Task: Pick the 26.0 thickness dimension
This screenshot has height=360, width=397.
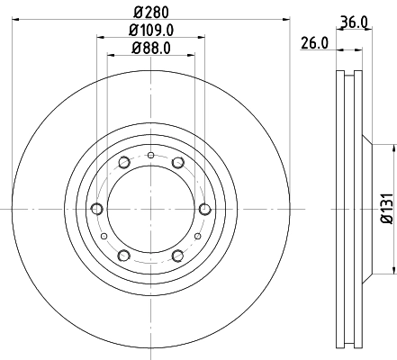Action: pyautogui.click(x=313, y=42)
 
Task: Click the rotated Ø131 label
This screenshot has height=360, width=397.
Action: pyautogui.click(x=385, y=208)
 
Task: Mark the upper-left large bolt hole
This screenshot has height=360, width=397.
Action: pyautogui.click(x=123, y=163)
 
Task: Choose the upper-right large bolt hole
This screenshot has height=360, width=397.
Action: pyautogui.click(x=178, y=163)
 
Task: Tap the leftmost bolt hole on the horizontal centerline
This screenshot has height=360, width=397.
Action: pyautogui.click(x=95, y=210)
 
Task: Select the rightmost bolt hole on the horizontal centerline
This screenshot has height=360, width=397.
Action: pyautogui.click(x=205, y=210)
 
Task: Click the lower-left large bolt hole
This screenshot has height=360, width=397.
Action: pyautogui.click(x=123, y=256)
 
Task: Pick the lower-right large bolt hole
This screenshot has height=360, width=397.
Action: pyautogui.click(x=178, y=256)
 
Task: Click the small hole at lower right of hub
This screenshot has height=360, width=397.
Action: pyautogui.click(x=197, y=236)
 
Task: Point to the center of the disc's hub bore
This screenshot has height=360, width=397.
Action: pyautogui.click(x=150, y=210)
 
